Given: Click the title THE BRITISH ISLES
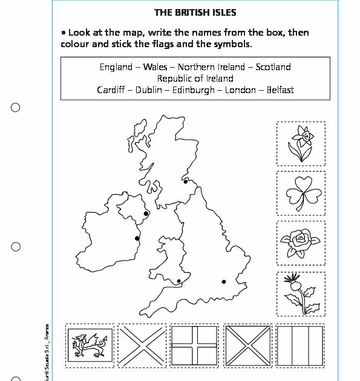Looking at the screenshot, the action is (x=195, y=11).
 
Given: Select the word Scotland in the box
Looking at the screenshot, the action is (x=273, y=67).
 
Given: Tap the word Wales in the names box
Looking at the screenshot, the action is (x=155, y=67).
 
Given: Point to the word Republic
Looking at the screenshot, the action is (x=177, y=79).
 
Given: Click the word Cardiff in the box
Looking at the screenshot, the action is (x=111, y=90).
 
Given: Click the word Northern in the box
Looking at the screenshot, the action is (x=196, y=67).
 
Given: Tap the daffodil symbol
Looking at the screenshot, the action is (x=301, y=143).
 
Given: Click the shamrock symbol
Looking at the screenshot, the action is (x=301, y=193).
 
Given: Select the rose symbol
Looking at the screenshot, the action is (x=301, y=243).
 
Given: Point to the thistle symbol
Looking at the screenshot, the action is (x=301, y=293).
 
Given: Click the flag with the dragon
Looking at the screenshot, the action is (x=90, y=346).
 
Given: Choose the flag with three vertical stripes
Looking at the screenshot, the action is (x=300, y=346).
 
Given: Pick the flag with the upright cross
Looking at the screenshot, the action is (x=195, y=346).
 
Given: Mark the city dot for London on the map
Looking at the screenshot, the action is (x=224, y=281).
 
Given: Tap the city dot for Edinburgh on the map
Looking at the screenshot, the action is (x=186, y=181).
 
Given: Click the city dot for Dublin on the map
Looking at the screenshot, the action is (x=137, y=238).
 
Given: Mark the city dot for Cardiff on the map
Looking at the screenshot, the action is (x=178, y=281).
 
